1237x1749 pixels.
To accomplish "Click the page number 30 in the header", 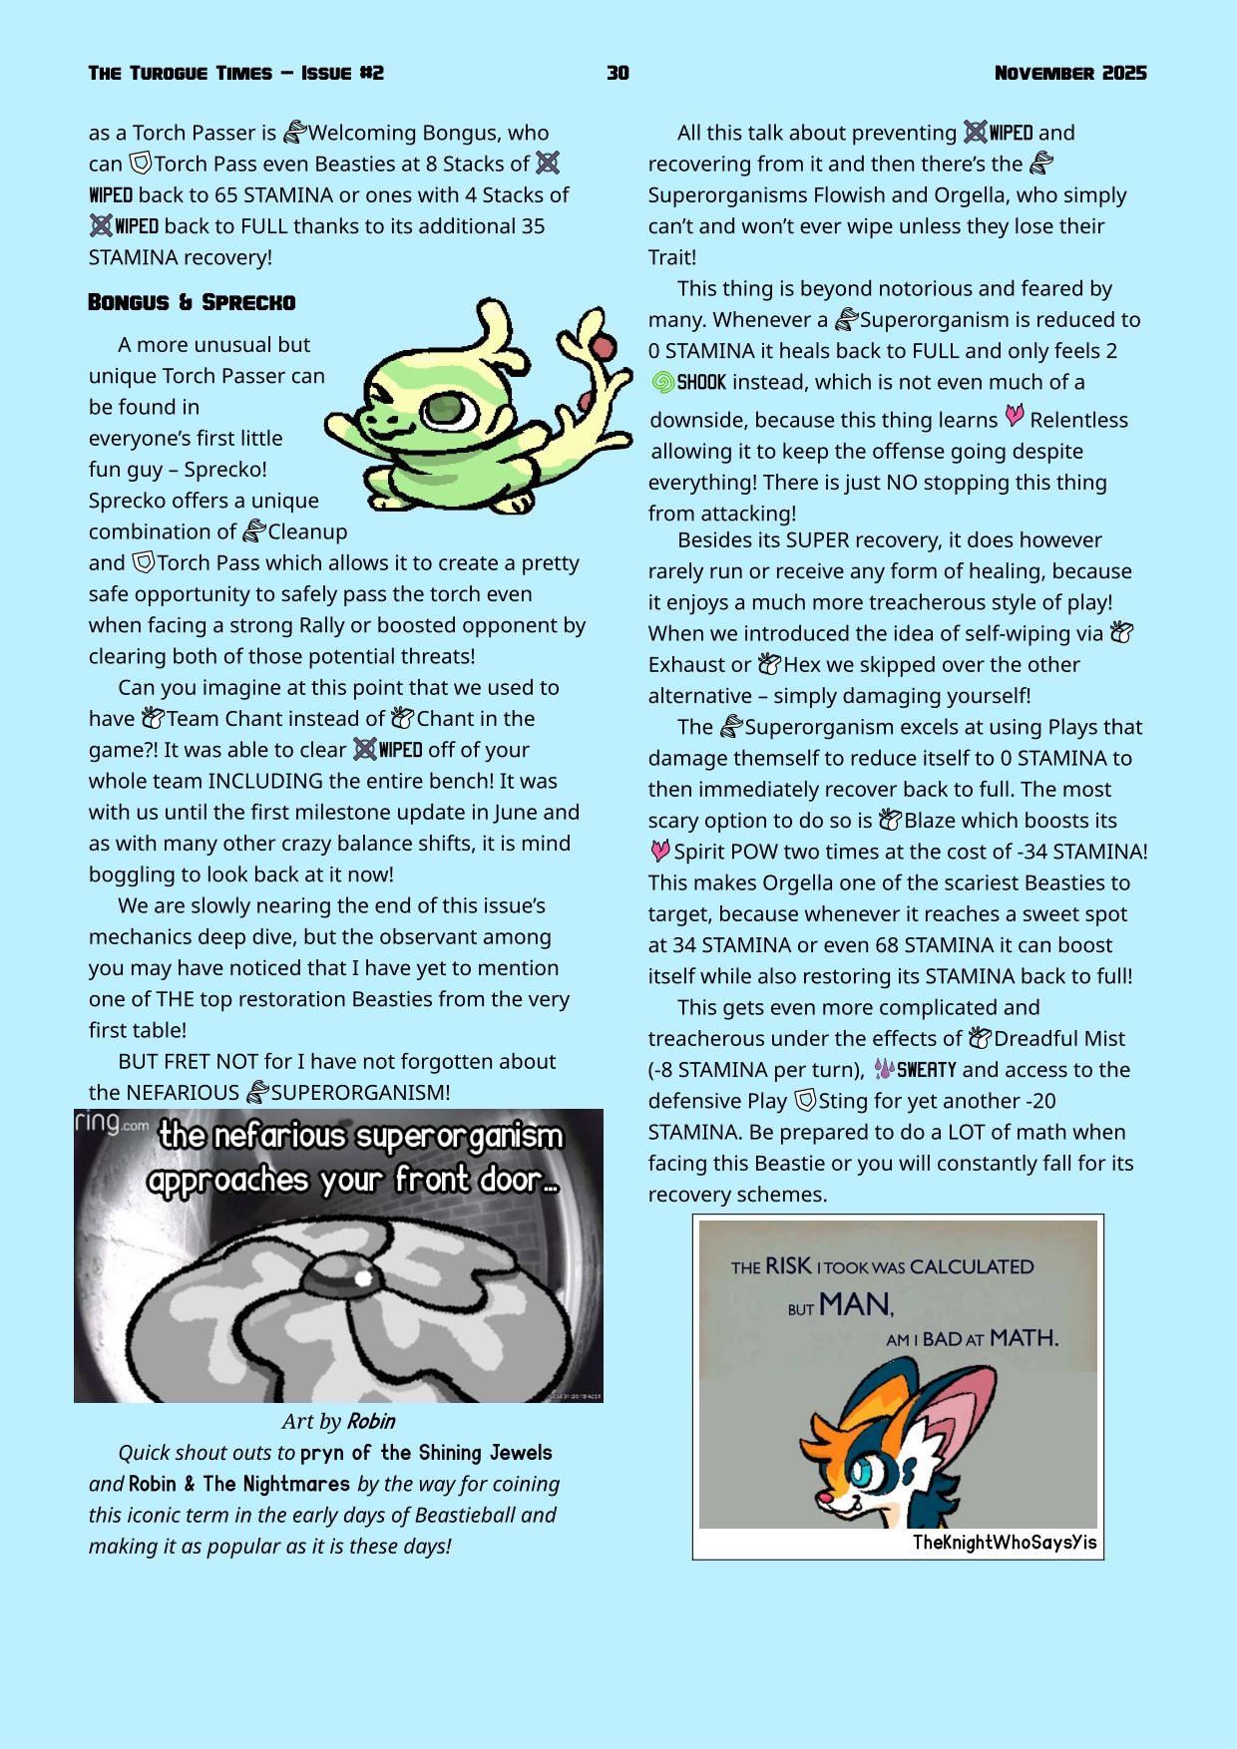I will pyautogui.click(x=618, y=73).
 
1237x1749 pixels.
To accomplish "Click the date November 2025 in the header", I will pyautogui.click(x=1069, y=73).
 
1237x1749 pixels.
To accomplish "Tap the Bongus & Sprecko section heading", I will pyautogui.click(x=192, y=302).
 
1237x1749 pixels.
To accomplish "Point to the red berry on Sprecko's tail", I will pyautogui.click(x=603, y=347).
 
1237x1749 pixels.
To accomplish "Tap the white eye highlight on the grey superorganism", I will pyautogui.click(x=363, y=1277).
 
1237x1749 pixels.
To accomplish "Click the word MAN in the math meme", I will pyautogui.click(x=856, y=1304).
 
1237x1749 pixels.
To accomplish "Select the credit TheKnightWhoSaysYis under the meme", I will pyautogui.click(x=1004, y=1543).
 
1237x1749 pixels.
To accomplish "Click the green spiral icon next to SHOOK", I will pyautogui.click(x=662, y=382).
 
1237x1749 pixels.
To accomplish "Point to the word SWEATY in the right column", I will pyautogui.click(x=926, y=1070).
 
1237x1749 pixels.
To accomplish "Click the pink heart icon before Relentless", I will pyautogui.click(x=1014, y=417).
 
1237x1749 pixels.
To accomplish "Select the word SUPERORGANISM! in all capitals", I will pyautogui.click(x=360, y=1093).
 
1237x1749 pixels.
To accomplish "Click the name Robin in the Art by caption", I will pyautogui.click(x=371, y=1421).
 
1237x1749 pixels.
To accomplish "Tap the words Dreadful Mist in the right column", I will pyautogui.click(x=1058, y=1039).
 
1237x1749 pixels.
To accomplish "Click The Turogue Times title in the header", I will pyautogui.click(x=180, y=73).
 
